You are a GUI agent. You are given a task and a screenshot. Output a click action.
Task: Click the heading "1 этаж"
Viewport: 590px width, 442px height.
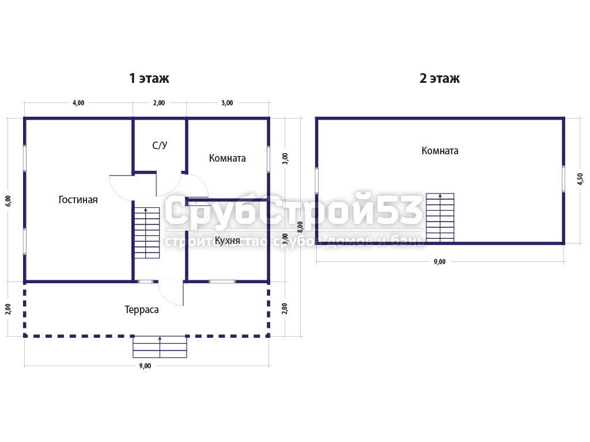click(x=149, y=78)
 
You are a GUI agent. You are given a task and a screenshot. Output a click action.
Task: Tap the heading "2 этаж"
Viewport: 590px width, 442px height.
click(x=440, y=78)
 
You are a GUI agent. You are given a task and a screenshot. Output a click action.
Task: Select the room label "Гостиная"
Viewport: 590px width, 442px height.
click(x=78, y=200)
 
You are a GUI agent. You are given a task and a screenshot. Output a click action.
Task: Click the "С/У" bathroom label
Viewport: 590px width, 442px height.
click(x=160, y=145)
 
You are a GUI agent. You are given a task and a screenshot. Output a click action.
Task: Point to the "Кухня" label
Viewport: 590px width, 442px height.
click(x=227, y=241)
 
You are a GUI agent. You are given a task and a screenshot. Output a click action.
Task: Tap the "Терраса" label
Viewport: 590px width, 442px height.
click(x=142, y=310)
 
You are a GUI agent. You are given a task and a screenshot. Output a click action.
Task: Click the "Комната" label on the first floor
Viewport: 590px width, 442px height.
click(x=227, y=158)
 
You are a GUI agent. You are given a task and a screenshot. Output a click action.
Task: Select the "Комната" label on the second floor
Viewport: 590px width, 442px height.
click(x=440, y=151)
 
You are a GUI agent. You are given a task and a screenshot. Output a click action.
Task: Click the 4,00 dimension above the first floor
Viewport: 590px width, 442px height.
click(x=78, y=102)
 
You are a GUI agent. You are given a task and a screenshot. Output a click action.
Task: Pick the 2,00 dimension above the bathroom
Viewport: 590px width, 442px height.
click(x=159, y=102)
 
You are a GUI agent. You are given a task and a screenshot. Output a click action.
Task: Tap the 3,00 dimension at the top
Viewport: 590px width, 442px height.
click(x=227, y=102)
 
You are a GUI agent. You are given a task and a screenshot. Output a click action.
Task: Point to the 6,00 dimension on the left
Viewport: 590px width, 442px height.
click(x=8, y=201)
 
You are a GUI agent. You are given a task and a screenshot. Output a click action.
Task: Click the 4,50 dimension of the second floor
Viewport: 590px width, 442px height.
click(x=580, y=179)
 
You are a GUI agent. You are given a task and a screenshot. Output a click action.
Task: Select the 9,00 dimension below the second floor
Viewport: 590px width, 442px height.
click(x=440, y=262)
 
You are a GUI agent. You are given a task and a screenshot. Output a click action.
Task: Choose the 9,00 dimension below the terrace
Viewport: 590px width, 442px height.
click(x=145, y=365)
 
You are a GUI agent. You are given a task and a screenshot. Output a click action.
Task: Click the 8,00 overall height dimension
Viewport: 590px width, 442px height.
click(x=300, y=227)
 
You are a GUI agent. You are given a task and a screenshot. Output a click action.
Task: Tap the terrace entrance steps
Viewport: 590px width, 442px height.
click(x=160, y=347)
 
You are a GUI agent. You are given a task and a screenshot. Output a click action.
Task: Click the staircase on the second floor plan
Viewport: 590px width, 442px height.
click(x=440, y=218)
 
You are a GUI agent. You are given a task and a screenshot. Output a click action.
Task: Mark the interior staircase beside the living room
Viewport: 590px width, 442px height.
click(x=147, y=233)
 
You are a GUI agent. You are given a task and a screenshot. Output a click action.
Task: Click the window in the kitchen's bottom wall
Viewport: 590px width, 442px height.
click(x=222, y=281)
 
